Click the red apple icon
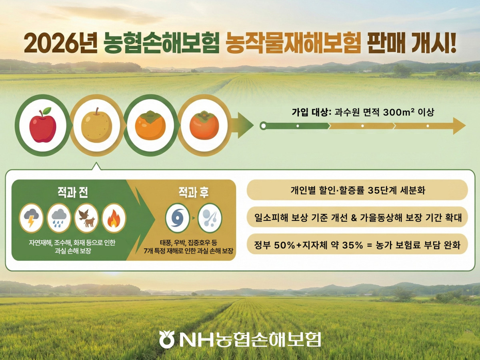click(x=43, y=126)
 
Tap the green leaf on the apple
click(x=47, y=110)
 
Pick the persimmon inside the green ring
click(x=150, y=125)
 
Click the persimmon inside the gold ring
click(x=204, y=125)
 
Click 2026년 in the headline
click(x=60, y=43)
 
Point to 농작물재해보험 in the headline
click(x=291, y=43)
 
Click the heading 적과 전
click(x=72, y=193)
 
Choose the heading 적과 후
click(x=193, y=193)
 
